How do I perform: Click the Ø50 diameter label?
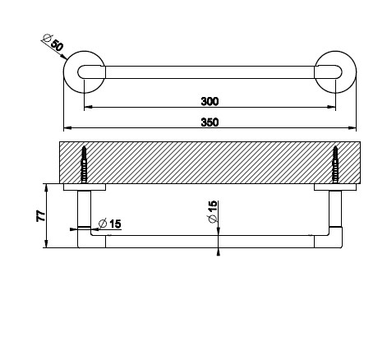53,43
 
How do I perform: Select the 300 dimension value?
210,101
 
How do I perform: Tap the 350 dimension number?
210,122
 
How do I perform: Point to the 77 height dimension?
41,216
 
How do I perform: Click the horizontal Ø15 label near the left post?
110,224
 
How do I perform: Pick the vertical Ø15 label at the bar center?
213,211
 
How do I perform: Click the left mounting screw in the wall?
84,164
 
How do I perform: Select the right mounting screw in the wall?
335,164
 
